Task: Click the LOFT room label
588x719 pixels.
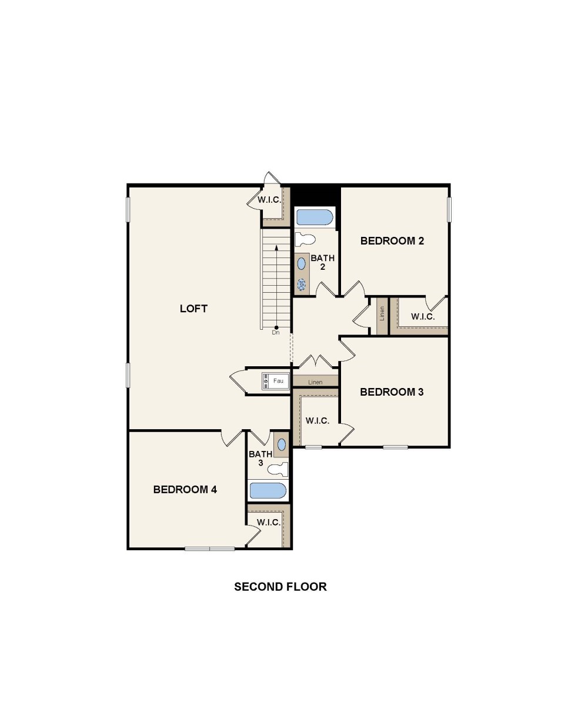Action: point(193,309)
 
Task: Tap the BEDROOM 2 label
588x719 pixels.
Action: point(392,240)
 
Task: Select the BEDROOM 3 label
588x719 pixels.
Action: point(392,392)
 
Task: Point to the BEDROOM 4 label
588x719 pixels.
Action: point(185,490)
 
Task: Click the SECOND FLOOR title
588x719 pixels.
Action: point(280,587)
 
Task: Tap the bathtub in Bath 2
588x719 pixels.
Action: point(315,218)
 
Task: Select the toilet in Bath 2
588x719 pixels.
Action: point(305,239)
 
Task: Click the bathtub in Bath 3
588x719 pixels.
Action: point(268,490)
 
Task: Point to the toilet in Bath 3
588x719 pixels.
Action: point(278,469)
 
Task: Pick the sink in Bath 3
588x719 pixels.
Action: point(282,445)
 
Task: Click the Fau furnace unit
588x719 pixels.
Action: point(276,382)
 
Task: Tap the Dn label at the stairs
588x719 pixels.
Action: point(276,333)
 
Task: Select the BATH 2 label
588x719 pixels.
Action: point(323,262)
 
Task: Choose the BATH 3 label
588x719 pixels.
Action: point(260,459)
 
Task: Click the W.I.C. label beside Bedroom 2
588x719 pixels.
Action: point(423,317)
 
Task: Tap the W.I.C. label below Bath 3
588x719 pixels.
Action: point(268,523)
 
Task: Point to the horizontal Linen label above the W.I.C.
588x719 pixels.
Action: point(315,382)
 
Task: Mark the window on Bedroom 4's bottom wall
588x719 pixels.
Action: point(209,549)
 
